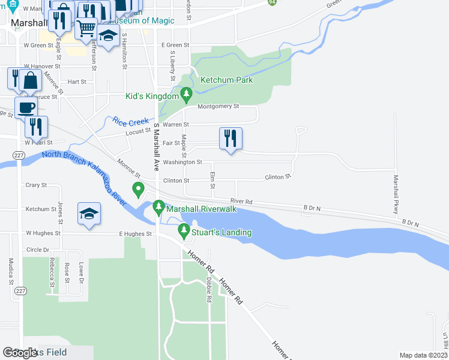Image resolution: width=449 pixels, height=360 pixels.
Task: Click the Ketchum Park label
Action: [x=226, y=80]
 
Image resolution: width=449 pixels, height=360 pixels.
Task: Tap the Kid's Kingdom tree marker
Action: [x=186, y=94]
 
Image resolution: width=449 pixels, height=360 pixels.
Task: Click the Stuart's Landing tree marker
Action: [x=183, y=230]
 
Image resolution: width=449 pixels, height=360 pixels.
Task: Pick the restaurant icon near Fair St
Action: [x=231, y=139]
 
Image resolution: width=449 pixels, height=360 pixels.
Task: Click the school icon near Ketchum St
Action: [x=89, y=214]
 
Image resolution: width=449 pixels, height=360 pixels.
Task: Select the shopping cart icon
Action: [x=86, y=27]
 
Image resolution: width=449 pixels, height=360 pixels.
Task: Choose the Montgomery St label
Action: [x=218, y=106]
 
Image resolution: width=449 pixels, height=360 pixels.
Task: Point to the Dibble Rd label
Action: [x=209, y=290]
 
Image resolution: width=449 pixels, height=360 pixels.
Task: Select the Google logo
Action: [x=20, y=353]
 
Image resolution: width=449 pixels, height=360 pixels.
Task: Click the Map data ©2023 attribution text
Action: [x=424, y=355]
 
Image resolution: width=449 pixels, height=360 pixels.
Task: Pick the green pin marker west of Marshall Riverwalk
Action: [x=139, y=191]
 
